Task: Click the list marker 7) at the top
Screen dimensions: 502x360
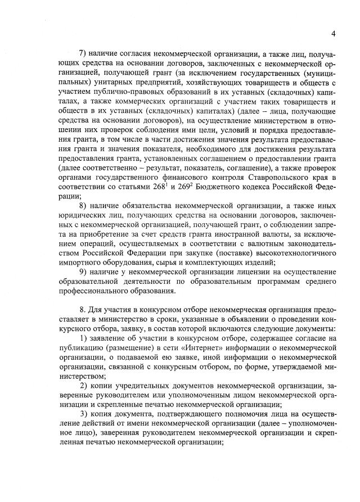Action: click(83, 54)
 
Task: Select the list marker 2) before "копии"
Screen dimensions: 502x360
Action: click(83, 386)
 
